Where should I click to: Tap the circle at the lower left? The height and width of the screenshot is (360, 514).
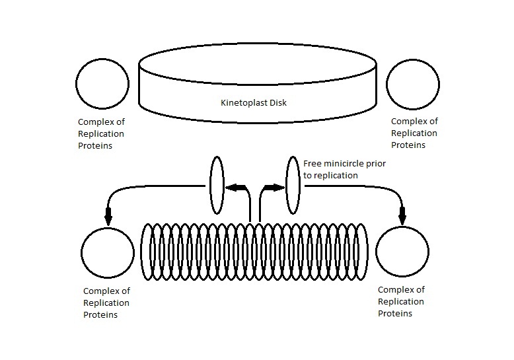[x=108, y=254]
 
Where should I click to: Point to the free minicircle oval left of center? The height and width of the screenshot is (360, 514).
[x=217, y=186]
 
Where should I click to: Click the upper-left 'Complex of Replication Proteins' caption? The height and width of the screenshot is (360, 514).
[x=101, y=133]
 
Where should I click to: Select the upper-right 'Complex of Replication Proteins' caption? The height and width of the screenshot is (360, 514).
[x=414, y=133]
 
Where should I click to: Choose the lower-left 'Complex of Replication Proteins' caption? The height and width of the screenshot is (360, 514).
[x=106, y=303]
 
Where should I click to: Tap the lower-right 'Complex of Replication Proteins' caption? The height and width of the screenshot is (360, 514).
[x=401, y=301]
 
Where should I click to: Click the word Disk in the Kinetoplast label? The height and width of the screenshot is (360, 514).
[x=277, y=103]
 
